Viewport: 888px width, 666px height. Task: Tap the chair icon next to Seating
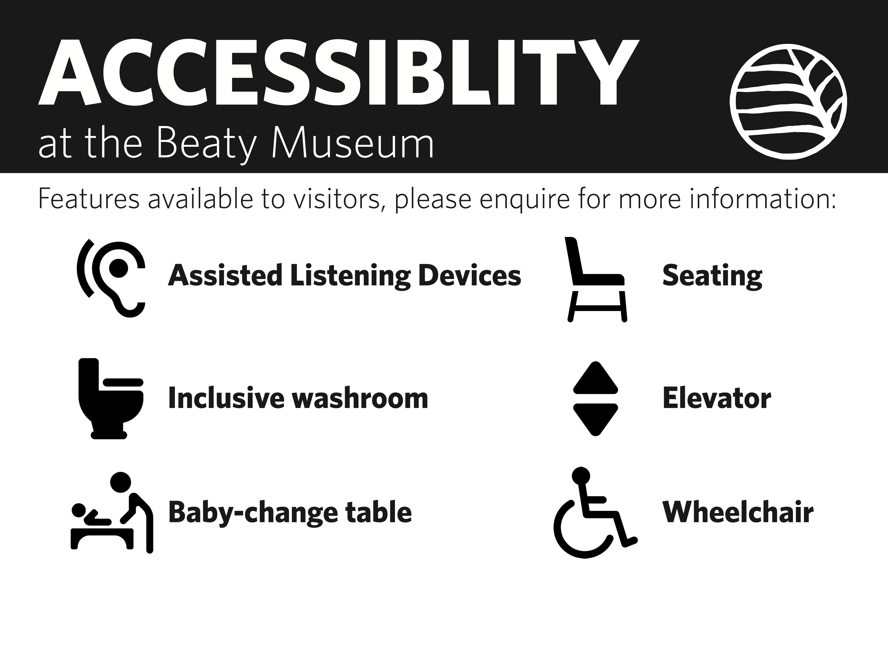pyautogui.click(x=596, y=281)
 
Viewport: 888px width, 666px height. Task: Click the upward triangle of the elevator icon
pyautogui.click(x=595, y=377)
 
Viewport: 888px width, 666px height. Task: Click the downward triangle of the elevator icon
pyautogui.click(x=595, y=420)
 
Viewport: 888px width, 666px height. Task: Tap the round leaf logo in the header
pyautogui.click(x=788, y=102)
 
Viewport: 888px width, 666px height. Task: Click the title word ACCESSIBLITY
pyautogui.click(x=338, y=72)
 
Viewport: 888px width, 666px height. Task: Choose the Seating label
pyautogui.click(x=712, y=277)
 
